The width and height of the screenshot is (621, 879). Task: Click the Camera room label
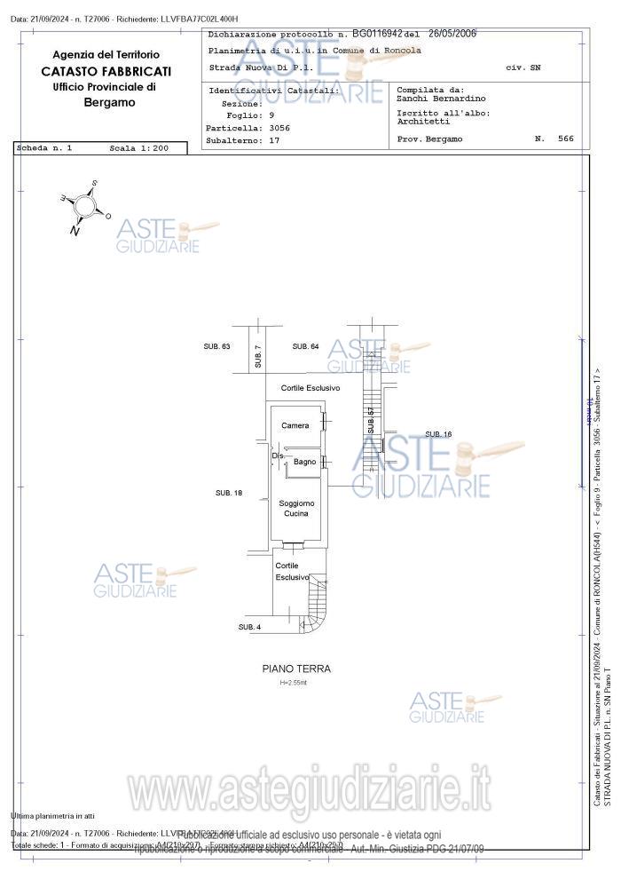coord(295,426)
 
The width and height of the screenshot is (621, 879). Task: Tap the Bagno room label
coord(305,462)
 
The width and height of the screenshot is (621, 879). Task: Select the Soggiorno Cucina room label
coord(296,509)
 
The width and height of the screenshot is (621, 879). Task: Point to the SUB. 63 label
coord(217,346)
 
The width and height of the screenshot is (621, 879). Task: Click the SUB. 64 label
coord(306,346)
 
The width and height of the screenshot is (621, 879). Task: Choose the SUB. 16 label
coord(438,434)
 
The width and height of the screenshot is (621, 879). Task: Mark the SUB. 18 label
coord(229,493)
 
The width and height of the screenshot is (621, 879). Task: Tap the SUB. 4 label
coord(250,628)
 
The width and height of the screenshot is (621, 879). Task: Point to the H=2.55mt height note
coord(293,683)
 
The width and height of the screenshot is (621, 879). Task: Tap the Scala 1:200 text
coord(138,148)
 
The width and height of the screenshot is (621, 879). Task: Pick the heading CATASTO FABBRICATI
coord(106,71)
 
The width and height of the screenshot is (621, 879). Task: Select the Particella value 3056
coord(279,128)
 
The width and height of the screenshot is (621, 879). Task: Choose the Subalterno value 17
coord(274,140)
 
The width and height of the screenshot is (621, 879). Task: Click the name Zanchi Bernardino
coord(441,99)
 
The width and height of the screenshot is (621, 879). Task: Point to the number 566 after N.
coord(565,139)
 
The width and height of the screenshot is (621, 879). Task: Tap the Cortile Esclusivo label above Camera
coord(310,389)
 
